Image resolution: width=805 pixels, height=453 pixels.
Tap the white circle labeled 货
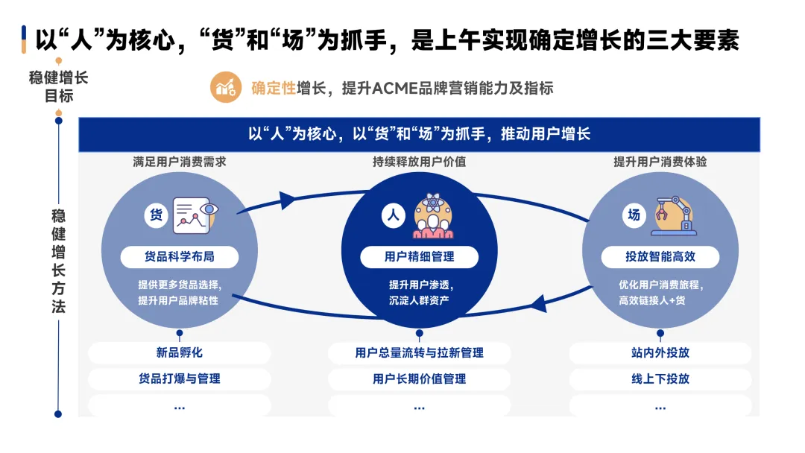pos(157,215)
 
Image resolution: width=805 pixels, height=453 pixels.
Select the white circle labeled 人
pos(394,216)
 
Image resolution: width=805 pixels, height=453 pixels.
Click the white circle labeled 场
pos(634,215)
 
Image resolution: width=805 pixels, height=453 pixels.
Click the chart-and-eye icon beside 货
pos(195,215)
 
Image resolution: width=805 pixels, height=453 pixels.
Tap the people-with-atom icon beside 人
pos(433,215)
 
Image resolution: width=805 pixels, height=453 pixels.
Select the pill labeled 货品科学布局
pos(180,257)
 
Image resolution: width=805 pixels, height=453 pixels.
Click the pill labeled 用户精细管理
pos(419,257)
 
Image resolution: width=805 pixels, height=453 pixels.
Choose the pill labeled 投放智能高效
pos(660,257)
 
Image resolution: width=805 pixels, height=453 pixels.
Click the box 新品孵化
pos(180,352)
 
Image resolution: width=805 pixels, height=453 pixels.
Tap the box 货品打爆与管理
pos(180,378)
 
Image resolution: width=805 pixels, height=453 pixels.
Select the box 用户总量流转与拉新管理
pos(419,352)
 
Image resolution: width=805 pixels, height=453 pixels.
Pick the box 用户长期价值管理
pos(419,378)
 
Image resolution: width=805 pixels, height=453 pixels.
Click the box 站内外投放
pos(660,352)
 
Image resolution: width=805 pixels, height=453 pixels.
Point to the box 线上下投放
pos(660,378)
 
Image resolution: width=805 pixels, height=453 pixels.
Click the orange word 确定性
pos(274,89)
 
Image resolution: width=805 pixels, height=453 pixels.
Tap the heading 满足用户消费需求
pos(180,162)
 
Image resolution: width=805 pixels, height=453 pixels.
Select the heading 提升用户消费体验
pos(660,162)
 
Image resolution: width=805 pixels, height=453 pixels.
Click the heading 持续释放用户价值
pos(419,162)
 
